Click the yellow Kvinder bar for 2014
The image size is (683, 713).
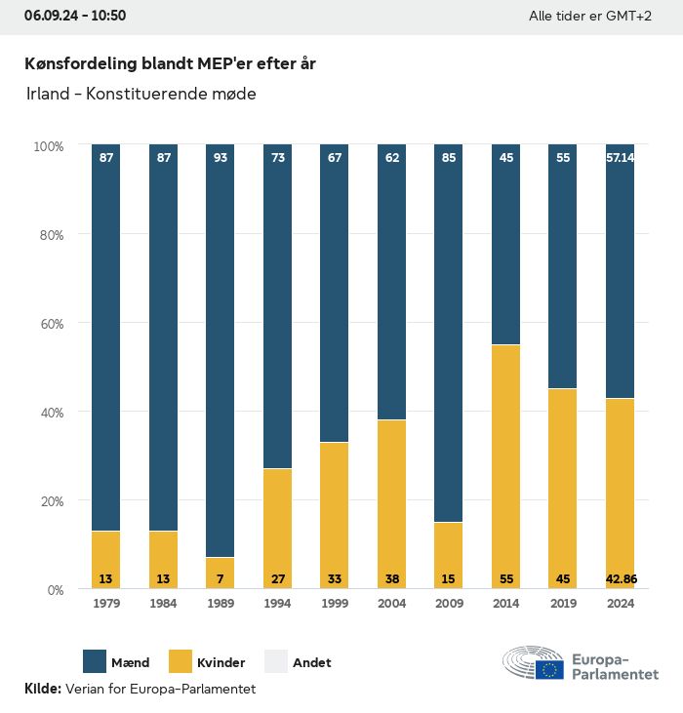[505, 458]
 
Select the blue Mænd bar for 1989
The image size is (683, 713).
[221, 351]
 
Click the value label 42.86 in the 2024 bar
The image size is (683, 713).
[621, 579]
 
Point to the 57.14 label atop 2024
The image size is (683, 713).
[621, 157]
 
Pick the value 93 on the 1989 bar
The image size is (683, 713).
[221, 157]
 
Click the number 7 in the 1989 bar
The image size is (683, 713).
[221, 579]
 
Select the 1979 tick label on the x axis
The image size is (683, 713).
[106, 605]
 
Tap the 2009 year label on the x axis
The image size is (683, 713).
[449, 605]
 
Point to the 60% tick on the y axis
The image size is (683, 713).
[49, 324]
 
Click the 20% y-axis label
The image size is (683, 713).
[49, 501]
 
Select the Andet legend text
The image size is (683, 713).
[312, 662]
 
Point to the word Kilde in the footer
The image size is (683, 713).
[42, 689]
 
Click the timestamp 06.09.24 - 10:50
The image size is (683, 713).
[75, 16]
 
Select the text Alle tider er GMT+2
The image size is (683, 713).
[589, 17]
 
